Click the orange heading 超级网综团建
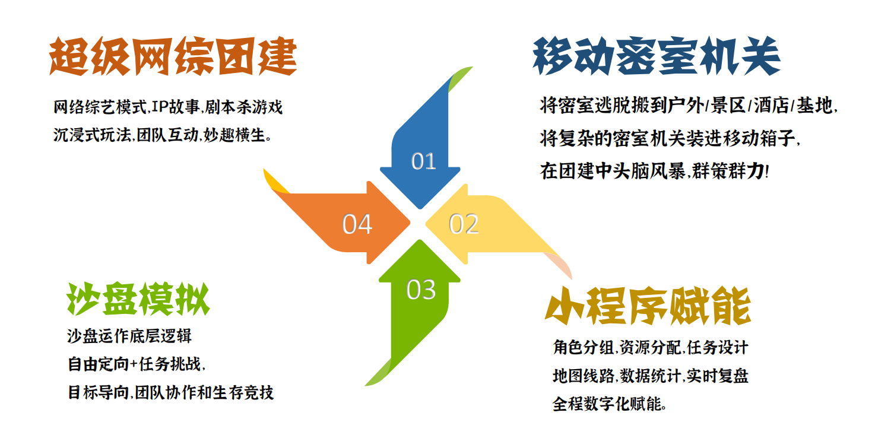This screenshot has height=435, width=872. pos(173,56)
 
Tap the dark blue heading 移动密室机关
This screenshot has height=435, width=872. pos(657,56)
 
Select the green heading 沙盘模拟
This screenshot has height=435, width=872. pos(138,299)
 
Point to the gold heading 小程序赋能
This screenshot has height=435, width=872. pos(648,306)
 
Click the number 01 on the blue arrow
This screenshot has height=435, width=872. pos(424,161)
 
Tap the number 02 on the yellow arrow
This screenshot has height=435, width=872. pos(464,224)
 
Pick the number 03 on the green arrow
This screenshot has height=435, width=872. pos(421,290)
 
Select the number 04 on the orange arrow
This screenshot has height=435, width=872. pos(357,224)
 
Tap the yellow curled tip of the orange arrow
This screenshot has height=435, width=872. pos(275,182)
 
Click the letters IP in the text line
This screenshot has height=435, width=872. pos(159,107)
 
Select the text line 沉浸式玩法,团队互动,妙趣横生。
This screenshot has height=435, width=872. pos(162,135)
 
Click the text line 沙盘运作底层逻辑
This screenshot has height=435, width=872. pos(129,336)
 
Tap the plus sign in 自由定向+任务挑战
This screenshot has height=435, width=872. pos(134,364)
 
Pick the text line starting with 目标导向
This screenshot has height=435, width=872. pos(171,392)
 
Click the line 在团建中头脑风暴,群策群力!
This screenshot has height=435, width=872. pos(654,171)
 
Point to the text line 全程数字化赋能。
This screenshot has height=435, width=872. pos(610,404)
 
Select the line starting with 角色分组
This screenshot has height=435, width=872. pos(651,347)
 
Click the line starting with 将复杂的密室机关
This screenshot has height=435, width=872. pos(670,138)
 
